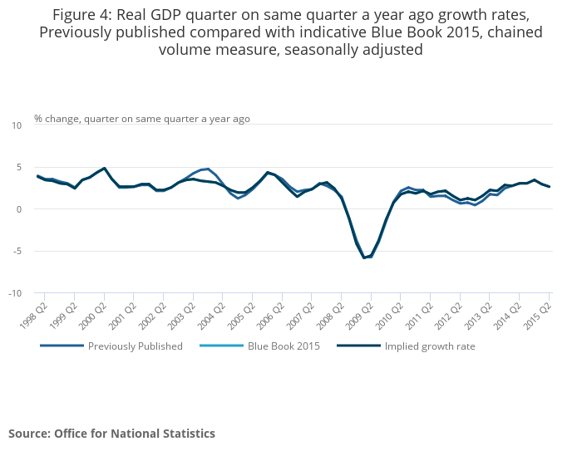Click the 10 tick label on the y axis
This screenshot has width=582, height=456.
17,125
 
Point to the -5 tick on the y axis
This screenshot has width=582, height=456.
17,251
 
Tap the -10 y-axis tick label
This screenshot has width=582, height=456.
15,293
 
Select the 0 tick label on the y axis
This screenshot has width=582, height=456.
19,209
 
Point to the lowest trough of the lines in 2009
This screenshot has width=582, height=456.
363,257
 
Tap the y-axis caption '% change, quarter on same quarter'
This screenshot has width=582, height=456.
141,119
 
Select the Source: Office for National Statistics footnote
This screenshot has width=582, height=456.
111,434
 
